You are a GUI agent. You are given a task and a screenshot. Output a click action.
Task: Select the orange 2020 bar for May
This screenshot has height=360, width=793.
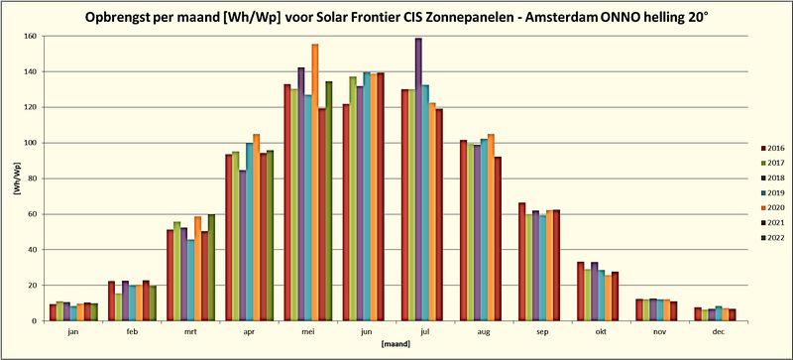coord(315,182)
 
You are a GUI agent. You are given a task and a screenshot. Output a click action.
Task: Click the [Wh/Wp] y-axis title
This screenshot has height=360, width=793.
coord(14,179)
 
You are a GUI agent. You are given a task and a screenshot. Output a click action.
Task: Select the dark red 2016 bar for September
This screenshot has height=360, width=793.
coord(521,262)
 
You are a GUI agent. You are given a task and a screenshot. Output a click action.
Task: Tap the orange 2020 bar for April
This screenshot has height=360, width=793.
coord(256,227)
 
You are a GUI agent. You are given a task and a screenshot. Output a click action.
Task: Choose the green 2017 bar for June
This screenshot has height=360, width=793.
coord(353,198)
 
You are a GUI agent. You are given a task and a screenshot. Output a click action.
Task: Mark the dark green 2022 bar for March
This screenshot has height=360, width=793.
coord(212,268)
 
